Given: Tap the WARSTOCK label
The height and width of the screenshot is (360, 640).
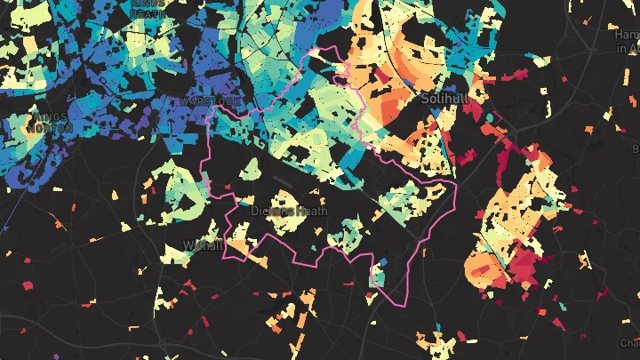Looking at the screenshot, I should coord(210,102).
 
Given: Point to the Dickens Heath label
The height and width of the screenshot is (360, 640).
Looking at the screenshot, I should coord(289,212).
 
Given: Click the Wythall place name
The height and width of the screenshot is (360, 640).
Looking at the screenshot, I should coord(202,245).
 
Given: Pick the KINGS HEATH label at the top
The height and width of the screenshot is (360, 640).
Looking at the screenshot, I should coord(147,8).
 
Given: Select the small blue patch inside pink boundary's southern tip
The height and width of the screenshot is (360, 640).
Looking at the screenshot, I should coord(383,262).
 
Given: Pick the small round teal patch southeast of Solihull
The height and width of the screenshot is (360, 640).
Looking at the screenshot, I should coord(491,116).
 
